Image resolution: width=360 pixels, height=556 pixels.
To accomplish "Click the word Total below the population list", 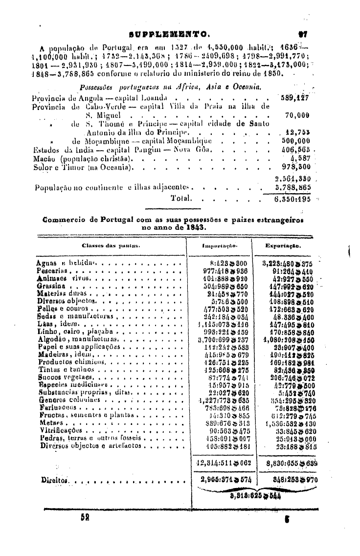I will pos(180,199).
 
